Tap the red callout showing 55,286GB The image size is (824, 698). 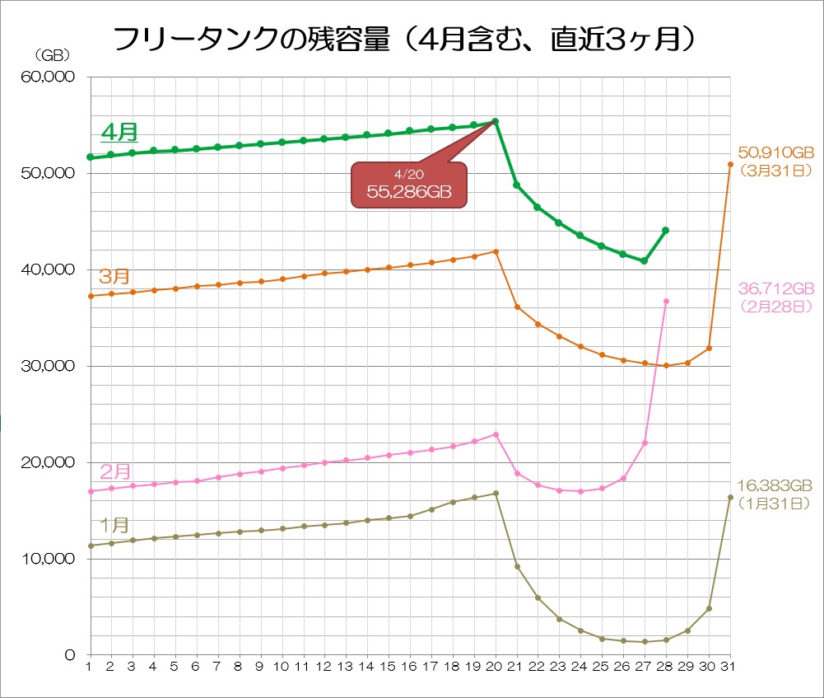click(409, 186)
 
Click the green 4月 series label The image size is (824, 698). click(119, 131)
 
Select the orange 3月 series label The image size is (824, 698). click(114, 275)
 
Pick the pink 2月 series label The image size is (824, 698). click(115, 471)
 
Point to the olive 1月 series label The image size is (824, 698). click(114, 524)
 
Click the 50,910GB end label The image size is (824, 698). click(776, 152)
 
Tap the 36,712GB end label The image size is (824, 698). click(776, 288)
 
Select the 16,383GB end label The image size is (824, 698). click(775, 485)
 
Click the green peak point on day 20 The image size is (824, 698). click(495, 122)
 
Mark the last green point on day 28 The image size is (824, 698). click(665, 230)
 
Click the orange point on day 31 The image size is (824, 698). click(730, 164)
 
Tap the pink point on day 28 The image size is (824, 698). click(665, 301)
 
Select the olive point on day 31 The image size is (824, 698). click(730, 497)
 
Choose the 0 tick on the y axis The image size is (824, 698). click(71, 655)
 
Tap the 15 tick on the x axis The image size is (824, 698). click(388, 666)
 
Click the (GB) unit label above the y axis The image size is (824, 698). click(51, 55)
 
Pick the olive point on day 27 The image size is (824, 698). click(645, 642)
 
